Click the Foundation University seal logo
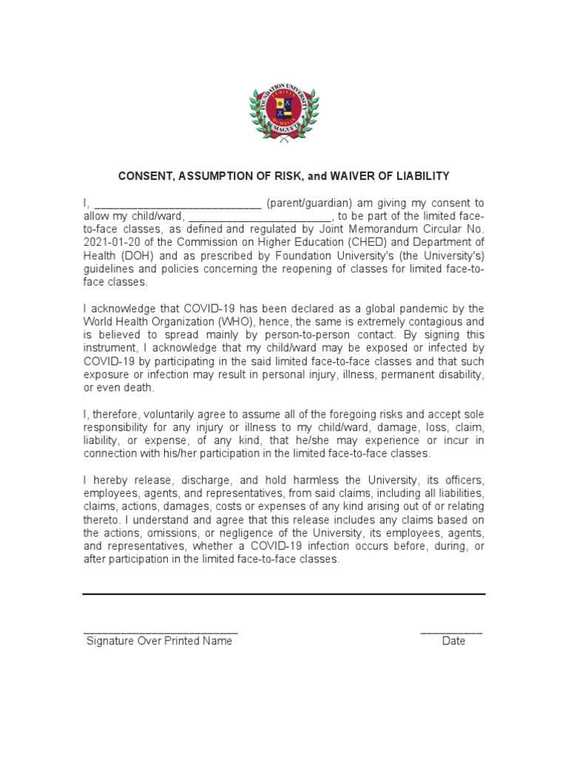[284, 112]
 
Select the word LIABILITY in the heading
[421, 176]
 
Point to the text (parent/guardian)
[309, 203]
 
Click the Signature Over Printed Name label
[159, 641]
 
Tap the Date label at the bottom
[453, 641]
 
